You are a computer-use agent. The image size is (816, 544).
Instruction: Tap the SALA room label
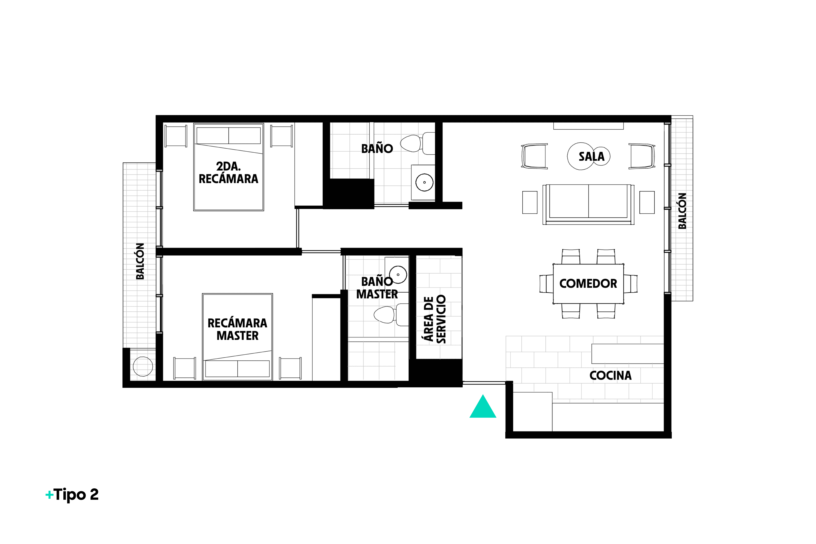(591, 157)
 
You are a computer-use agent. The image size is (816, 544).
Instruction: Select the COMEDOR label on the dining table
(588, 283)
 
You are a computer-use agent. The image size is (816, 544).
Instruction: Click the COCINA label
(610, 375)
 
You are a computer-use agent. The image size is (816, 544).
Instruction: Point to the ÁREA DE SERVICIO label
(434, 319)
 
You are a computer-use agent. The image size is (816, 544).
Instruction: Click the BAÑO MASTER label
(377, 288)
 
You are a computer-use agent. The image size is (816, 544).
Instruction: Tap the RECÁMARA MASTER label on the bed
(238, 329)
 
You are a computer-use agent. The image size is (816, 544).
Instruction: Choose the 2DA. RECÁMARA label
(228, 172)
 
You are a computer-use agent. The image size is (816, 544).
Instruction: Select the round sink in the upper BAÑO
(424, 182)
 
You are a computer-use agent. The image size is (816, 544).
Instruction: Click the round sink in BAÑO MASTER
(398, 274)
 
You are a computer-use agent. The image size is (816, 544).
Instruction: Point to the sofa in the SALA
(589, 204)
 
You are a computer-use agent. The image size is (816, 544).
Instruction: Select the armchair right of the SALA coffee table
(642, 156)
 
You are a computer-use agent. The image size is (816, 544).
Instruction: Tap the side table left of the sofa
(530, 202)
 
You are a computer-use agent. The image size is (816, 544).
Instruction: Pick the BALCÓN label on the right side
(682, 211)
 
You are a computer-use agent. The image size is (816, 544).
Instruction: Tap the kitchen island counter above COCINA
(627, 354)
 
